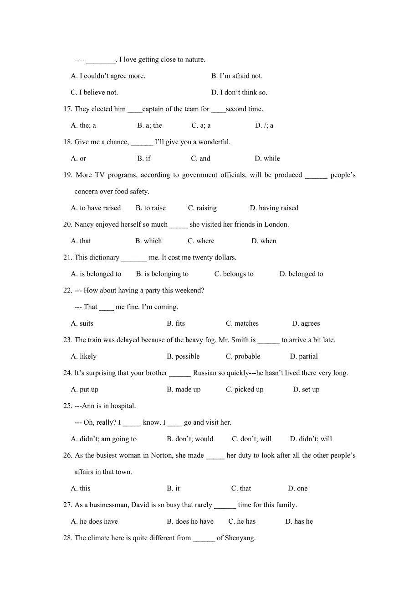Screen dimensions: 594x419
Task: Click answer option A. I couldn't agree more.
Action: pyautogui.click(x=108, y=76)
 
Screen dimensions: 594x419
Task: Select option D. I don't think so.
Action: pyautogui.click(x=239, y=93)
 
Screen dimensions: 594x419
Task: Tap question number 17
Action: pyautogui.click(x=67, y=109)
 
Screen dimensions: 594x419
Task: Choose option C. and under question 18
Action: pyautogui.click(x=200, y=159)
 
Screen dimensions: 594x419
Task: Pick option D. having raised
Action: pyautogui.click(x=274, y=208)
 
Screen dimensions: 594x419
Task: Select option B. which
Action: pyautogui.click(x=148, y=241)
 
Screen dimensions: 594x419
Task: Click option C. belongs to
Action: pyautogui.click(x=234, y=274)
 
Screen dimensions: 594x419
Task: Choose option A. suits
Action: pyautogui.click(x=82, y=323)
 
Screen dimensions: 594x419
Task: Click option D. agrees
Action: pyautogui.click(x=306, y=323)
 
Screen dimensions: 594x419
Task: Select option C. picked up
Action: pyautogui.click(x=245, y=390)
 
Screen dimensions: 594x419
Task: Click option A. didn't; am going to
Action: pyautogui.click(x=104, y=439)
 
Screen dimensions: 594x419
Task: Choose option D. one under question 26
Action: pyautogui.click(x=297, y=489)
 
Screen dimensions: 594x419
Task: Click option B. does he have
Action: pyautogui.click(x=190, y=521)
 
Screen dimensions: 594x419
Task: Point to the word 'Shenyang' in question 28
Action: pyautogui.click(x=240, y=538)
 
